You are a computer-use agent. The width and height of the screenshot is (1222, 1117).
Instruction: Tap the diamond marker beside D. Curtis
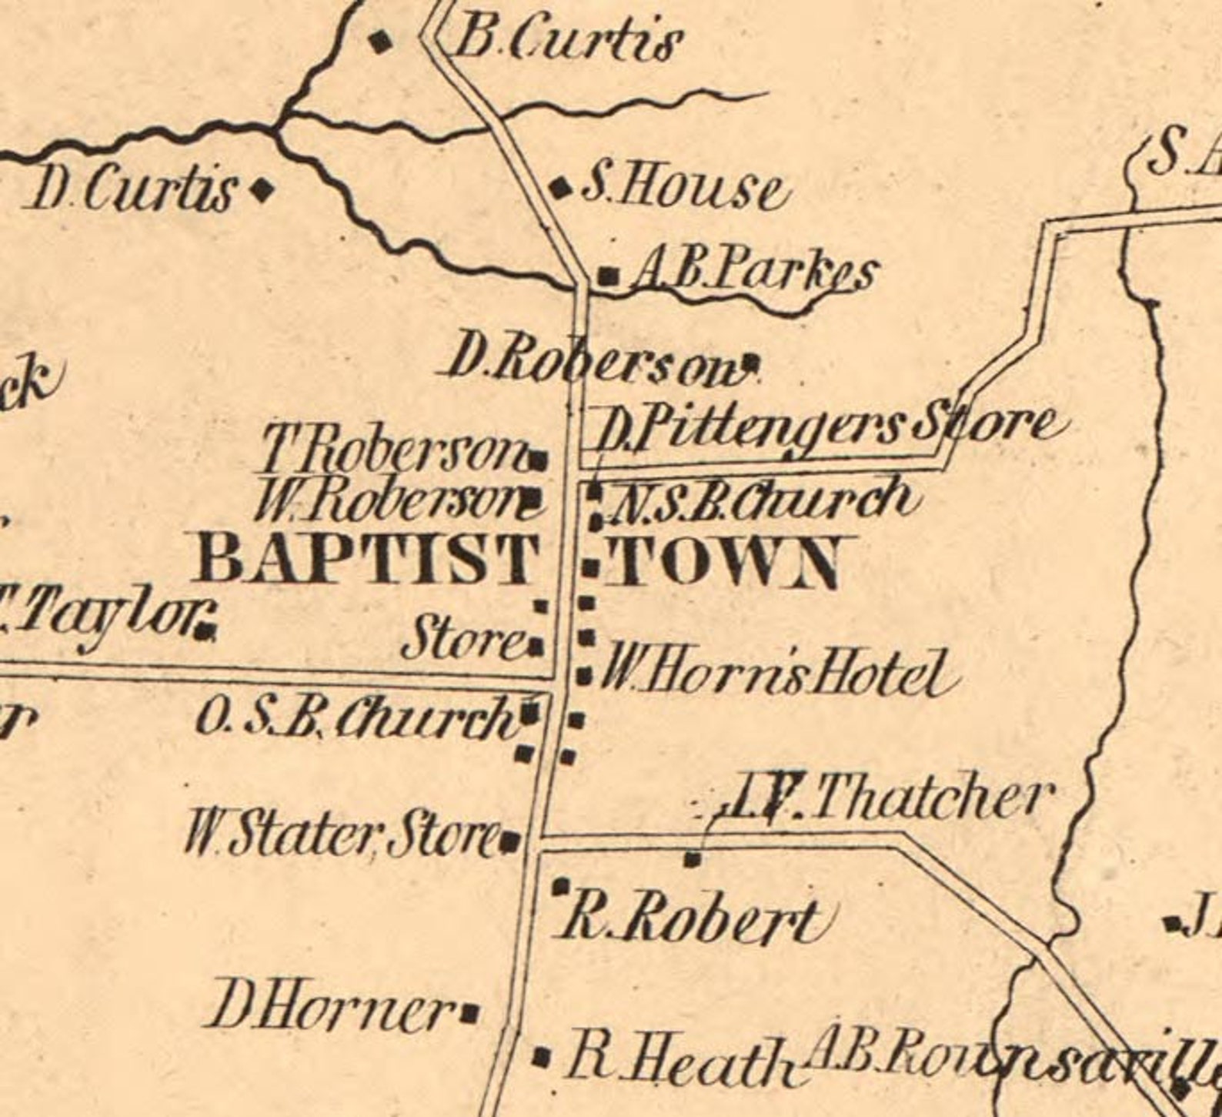263,188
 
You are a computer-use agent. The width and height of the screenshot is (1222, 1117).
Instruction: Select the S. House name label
683,189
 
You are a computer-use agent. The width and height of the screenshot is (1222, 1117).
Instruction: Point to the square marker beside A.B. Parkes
609,275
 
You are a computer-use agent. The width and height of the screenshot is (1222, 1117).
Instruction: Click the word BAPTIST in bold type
366,560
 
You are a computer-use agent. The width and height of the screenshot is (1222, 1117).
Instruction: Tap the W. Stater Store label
342,834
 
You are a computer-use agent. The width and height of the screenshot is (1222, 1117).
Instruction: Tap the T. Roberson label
392,453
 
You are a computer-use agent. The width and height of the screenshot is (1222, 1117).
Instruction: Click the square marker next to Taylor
204,631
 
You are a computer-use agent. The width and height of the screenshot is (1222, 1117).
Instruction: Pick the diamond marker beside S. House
560,187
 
